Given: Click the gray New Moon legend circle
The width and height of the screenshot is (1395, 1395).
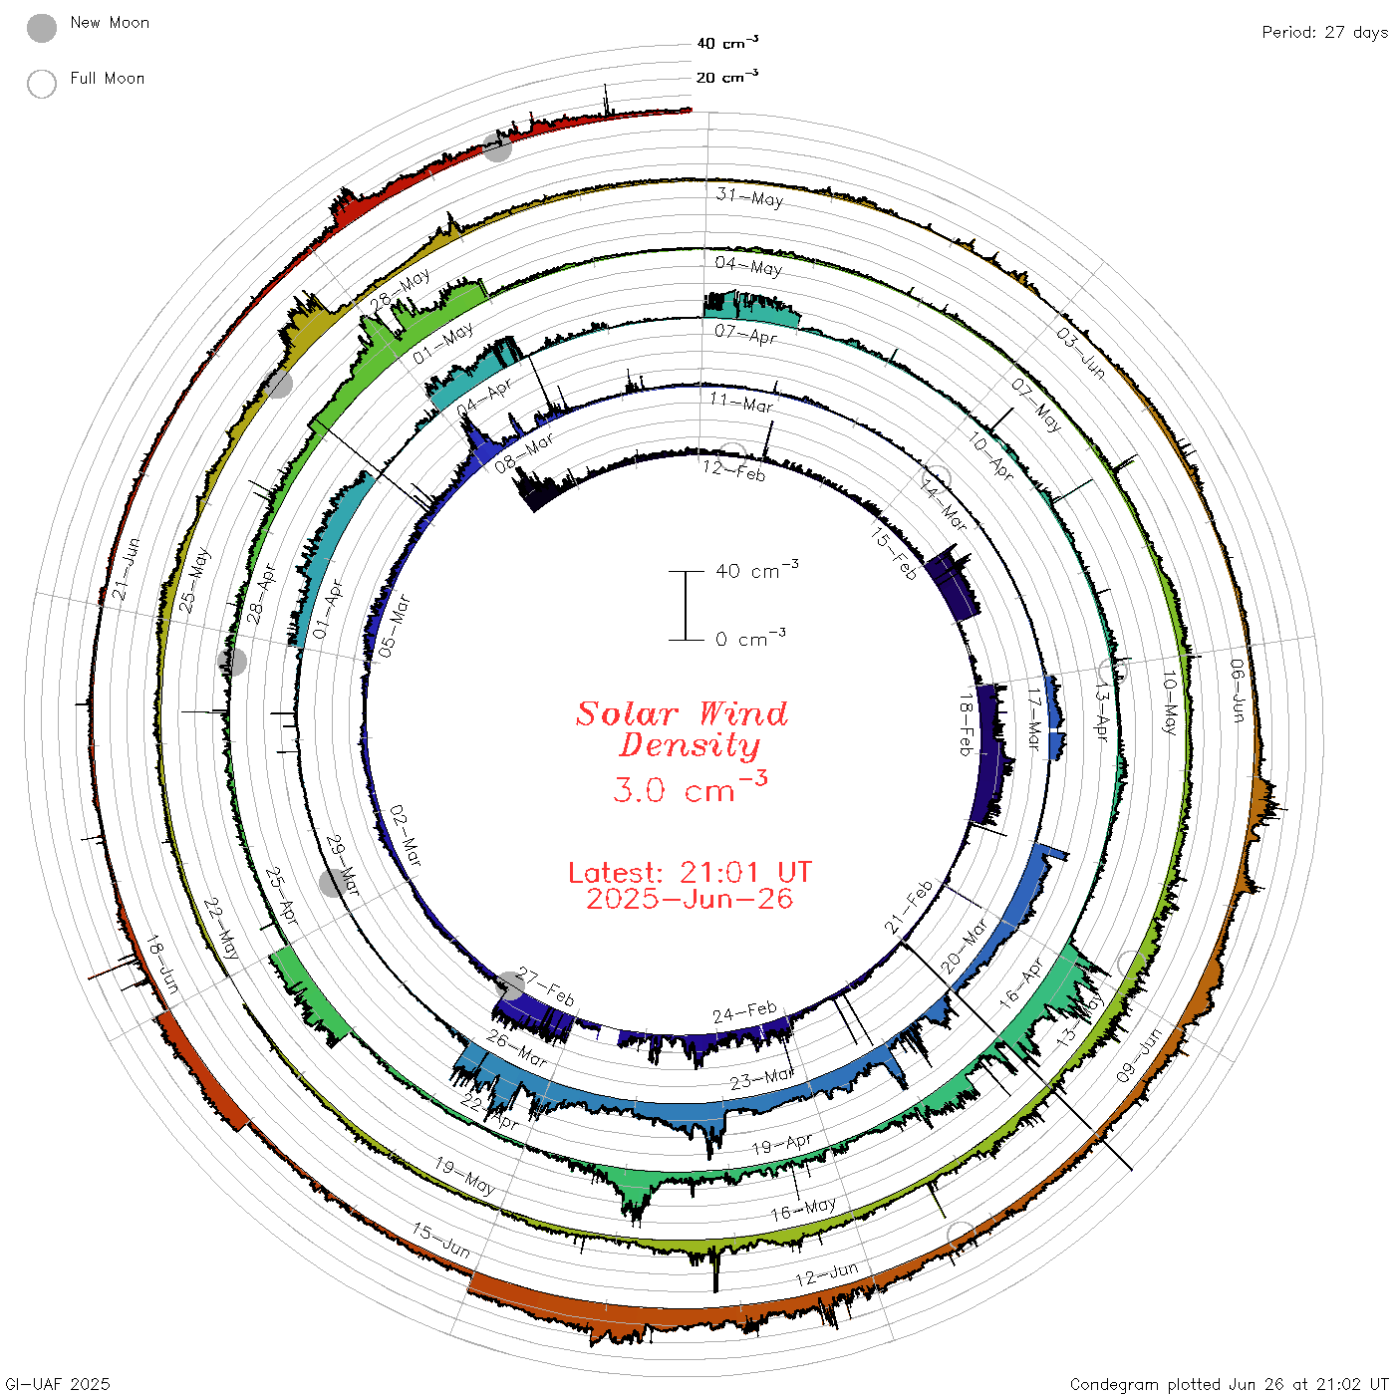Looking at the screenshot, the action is coord(41,28).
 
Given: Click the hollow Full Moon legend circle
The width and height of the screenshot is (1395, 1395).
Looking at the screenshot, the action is coord(41,84).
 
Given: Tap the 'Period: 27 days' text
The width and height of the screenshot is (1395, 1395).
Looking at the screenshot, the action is coord(1324,33).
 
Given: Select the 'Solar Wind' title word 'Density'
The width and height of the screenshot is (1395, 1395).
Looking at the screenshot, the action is coord(690,745).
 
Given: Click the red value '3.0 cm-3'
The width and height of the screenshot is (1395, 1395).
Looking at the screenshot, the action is coord(690,787).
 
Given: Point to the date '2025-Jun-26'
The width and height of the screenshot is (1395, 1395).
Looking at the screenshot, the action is coord(690,899).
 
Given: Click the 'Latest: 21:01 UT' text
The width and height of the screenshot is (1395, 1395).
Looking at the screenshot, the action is coord(690,872).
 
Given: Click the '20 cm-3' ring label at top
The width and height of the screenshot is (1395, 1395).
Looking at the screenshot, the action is coord(726,76).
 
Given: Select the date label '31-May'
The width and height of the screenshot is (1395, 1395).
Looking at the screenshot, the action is coord(749,197).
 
